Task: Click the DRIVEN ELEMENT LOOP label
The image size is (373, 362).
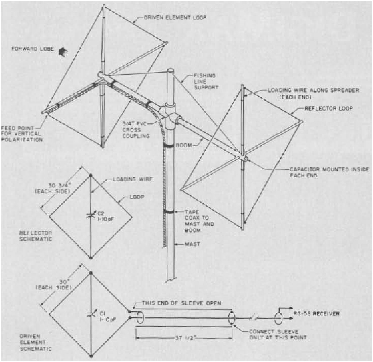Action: [175, 17]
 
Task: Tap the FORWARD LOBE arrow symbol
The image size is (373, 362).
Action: [63, 52]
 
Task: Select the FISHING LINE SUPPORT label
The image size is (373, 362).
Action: [206, 81]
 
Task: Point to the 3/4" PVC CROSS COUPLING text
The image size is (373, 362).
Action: [136, 130]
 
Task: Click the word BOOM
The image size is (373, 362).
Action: [183, 145]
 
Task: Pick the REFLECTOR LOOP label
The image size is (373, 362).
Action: [328, 109]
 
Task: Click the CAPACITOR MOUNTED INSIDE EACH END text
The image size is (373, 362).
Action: [329, 172]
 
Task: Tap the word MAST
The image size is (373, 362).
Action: [192, 244]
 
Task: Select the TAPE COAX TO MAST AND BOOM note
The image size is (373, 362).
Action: [199, 221]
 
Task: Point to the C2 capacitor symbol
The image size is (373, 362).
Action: [91, 216]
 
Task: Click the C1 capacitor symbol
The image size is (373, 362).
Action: [91, 314]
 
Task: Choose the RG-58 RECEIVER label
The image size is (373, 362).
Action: [316, 314]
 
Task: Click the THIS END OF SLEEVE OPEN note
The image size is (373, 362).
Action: [181, 303]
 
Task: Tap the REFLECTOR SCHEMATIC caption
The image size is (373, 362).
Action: [35, 236]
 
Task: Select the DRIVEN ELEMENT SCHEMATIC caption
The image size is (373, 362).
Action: [35, 343]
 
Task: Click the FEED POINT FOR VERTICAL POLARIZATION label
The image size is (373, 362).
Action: [22, 134]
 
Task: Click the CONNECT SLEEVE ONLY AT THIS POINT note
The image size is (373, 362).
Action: [278, 335]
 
